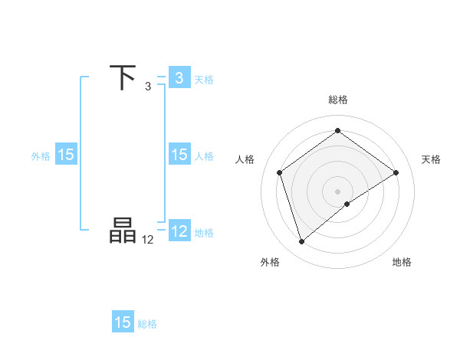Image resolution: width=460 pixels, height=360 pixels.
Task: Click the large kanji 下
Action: pos(123,78)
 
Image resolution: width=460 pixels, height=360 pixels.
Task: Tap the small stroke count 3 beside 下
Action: pos(148,86)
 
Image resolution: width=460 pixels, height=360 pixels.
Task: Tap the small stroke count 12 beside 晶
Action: pos(148,239)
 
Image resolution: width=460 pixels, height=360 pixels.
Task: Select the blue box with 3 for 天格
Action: pos(179,78)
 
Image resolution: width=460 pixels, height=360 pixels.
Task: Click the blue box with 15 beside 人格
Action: pos(179,155)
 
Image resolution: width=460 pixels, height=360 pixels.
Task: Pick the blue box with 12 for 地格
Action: pos(179,231)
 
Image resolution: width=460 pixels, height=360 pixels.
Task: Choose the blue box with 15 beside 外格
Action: pos(66,155)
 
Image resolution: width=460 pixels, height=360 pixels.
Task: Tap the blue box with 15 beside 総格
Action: pos(123,322)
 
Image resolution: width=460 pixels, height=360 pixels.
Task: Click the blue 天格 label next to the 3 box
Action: pos(204,79)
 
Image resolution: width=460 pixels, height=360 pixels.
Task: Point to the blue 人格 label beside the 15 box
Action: pos(204,155)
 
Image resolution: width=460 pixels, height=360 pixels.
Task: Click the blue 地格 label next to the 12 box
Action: pos(204,232)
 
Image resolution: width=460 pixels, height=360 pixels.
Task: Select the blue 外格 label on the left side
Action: pos(41,155)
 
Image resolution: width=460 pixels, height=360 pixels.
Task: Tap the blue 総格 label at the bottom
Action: pos(147,323)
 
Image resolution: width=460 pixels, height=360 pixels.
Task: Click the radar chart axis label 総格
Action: pos(338,100)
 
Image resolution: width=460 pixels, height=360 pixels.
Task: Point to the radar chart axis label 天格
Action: pos(432,159)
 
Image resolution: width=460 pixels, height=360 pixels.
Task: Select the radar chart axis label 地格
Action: pos(402,263)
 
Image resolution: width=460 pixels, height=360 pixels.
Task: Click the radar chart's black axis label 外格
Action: pos(270,263)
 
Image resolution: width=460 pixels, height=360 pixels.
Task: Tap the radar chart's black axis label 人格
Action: pos(245,159)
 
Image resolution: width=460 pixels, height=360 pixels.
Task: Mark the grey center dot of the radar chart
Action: pos(338,191)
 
